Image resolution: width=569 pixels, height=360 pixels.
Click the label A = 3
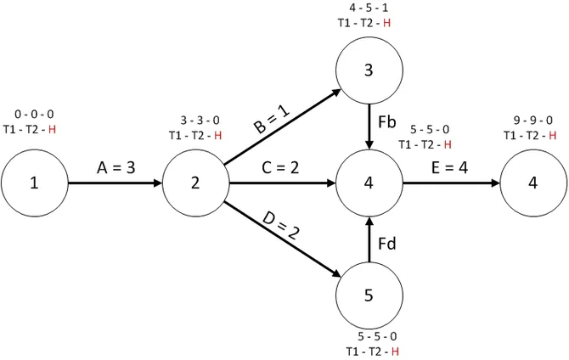[x=116, y=167]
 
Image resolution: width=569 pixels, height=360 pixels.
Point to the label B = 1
[x=272, y=120]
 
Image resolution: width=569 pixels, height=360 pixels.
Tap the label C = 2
[x=280, y=167]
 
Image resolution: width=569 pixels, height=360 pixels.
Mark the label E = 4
[x=449, y=167]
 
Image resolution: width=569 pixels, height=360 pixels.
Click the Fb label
[x=386, y=122]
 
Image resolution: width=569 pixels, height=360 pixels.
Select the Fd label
[x=386, y=244]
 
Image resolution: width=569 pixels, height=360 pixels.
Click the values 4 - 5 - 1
[x=369, y=8]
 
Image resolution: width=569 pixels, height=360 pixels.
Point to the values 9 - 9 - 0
[x=533, y=120]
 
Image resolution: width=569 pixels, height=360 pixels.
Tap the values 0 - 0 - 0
[x=34, y=115]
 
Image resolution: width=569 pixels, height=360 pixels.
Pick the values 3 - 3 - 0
[x=200, y=120]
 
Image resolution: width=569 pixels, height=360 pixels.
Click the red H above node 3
[x=386, y=23]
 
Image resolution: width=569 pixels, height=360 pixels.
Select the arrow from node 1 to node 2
[x=115, y=183]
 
